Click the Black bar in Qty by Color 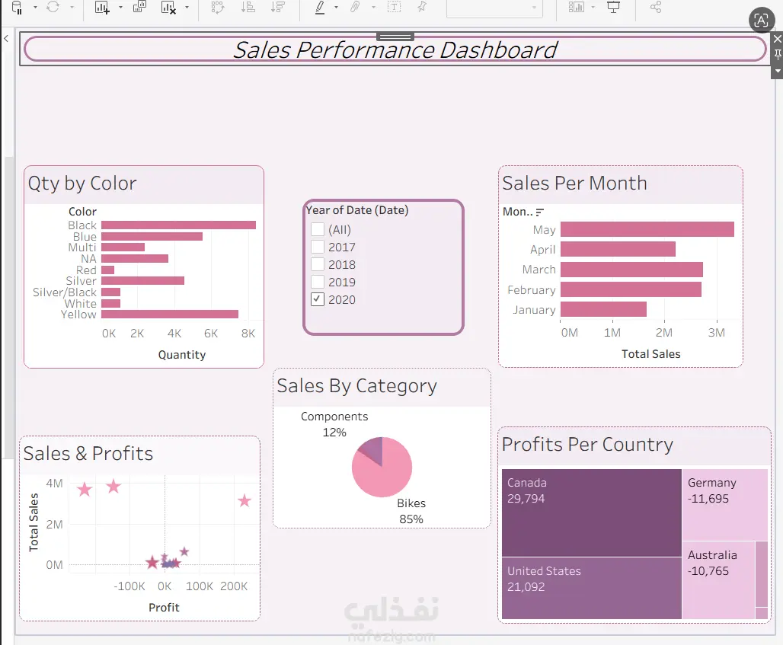(178, 225)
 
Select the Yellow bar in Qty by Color (170, 314)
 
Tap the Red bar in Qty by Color (108, 270)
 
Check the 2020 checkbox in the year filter (318, 299)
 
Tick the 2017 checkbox (318, 247)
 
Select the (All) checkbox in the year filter (318, 229)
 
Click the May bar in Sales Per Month (647, 229)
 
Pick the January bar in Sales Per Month (603, 309)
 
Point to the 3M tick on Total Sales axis (717, 333)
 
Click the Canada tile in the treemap (592, 512)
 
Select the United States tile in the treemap (592, 588)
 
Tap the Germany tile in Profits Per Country (724, 505)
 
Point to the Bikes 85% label (411, 511)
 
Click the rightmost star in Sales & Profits (244, 501)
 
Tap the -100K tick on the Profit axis (129, 586)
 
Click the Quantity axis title (182, 354)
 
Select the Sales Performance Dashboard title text (395, 50)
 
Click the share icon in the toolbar (656, 7)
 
